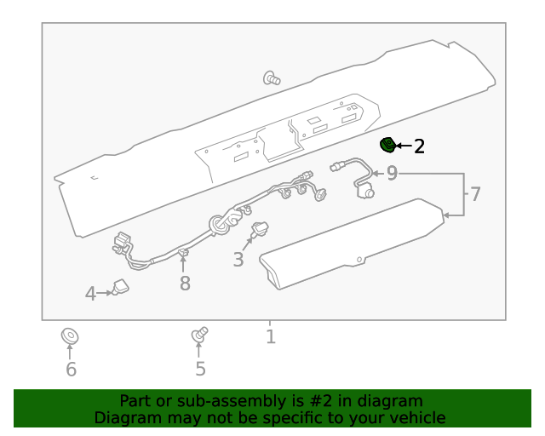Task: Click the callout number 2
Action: [419, 146]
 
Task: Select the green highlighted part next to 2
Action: [387, 146]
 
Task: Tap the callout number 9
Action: [392, 174]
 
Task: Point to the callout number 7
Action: [475, 195]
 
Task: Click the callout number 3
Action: [238, 260]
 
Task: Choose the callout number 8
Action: [185, 284]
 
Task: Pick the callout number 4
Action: [90, 295]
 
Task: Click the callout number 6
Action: [71, 369]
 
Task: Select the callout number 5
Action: [201, 369]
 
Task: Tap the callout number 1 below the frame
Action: [270, 337]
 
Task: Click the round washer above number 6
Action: [70, 336]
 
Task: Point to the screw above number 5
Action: [200, 335]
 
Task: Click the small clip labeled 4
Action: [120, 288]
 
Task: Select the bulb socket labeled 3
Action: [258, 229]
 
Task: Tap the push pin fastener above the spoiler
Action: [272, 78]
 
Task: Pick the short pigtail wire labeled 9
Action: [356, 178]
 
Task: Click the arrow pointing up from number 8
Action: [183, 264]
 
